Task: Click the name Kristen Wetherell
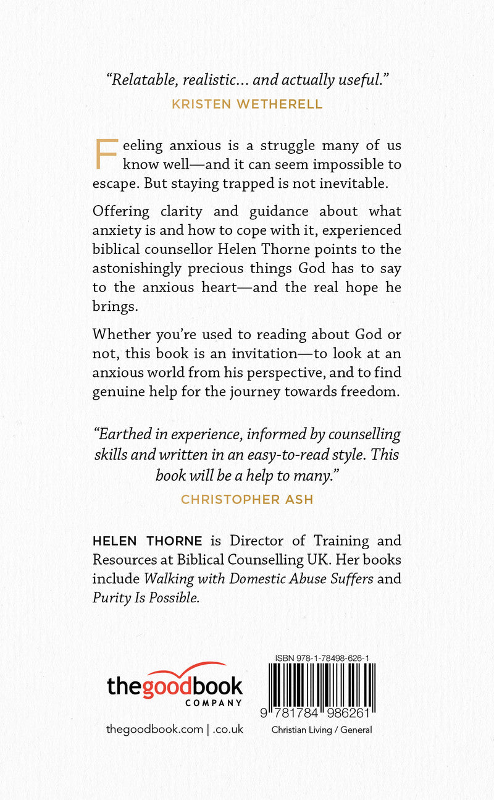tap(247, 104)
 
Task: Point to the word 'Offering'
tap(121, 211)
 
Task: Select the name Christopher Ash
tap(247, 499)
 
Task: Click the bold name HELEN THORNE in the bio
tap(147, 541)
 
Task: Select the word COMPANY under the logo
tap(213, 703)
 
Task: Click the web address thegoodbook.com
tap(154, 729)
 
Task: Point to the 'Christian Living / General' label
tap(322, 730)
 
